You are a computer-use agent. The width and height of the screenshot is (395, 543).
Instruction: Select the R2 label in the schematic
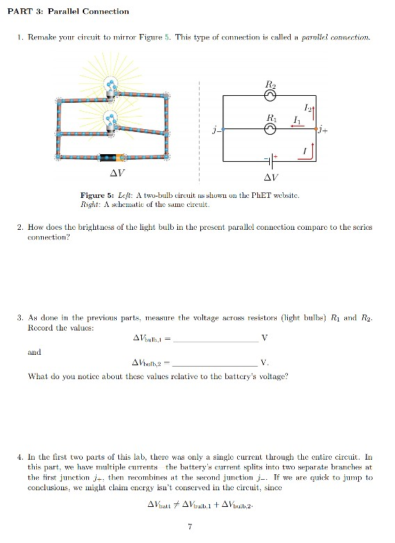(x=272, y=85)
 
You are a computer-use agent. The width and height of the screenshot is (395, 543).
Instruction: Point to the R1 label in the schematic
(x=272, y=118)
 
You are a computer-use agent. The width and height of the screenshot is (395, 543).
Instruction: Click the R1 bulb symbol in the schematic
(x=272, y=128)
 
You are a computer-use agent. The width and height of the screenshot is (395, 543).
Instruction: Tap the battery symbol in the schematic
(x=272, y=159)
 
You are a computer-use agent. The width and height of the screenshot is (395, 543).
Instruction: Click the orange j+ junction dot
(x=317, y=128)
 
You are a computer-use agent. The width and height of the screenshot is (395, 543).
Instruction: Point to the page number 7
(x=190, y=527)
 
